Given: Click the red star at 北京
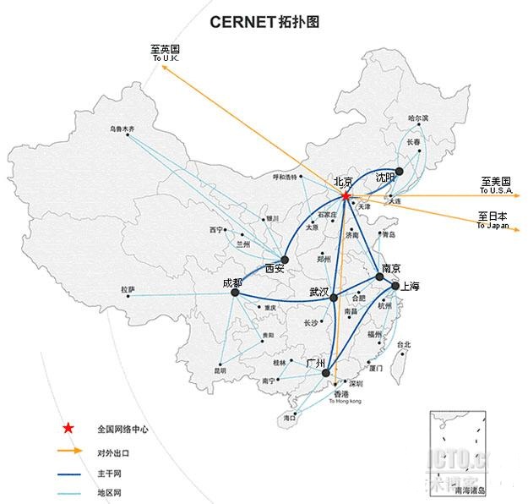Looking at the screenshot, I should click(345, 197).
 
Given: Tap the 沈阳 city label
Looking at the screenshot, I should click(385, 178).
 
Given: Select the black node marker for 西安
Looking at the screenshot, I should click(285, 260).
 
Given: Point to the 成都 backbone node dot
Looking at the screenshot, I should click(235, 293).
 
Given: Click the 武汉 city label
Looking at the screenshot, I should click(319, 291).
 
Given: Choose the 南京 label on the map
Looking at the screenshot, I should click(390, 268).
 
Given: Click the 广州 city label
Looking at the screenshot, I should click(316, 363).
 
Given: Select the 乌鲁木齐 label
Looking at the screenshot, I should click(122, 129).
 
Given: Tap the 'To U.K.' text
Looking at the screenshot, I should click(166, 58).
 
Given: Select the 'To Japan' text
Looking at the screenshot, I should click(492, 227).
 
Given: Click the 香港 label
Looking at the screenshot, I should click(340, 394).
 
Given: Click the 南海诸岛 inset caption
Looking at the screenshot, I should click(472, 490).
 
